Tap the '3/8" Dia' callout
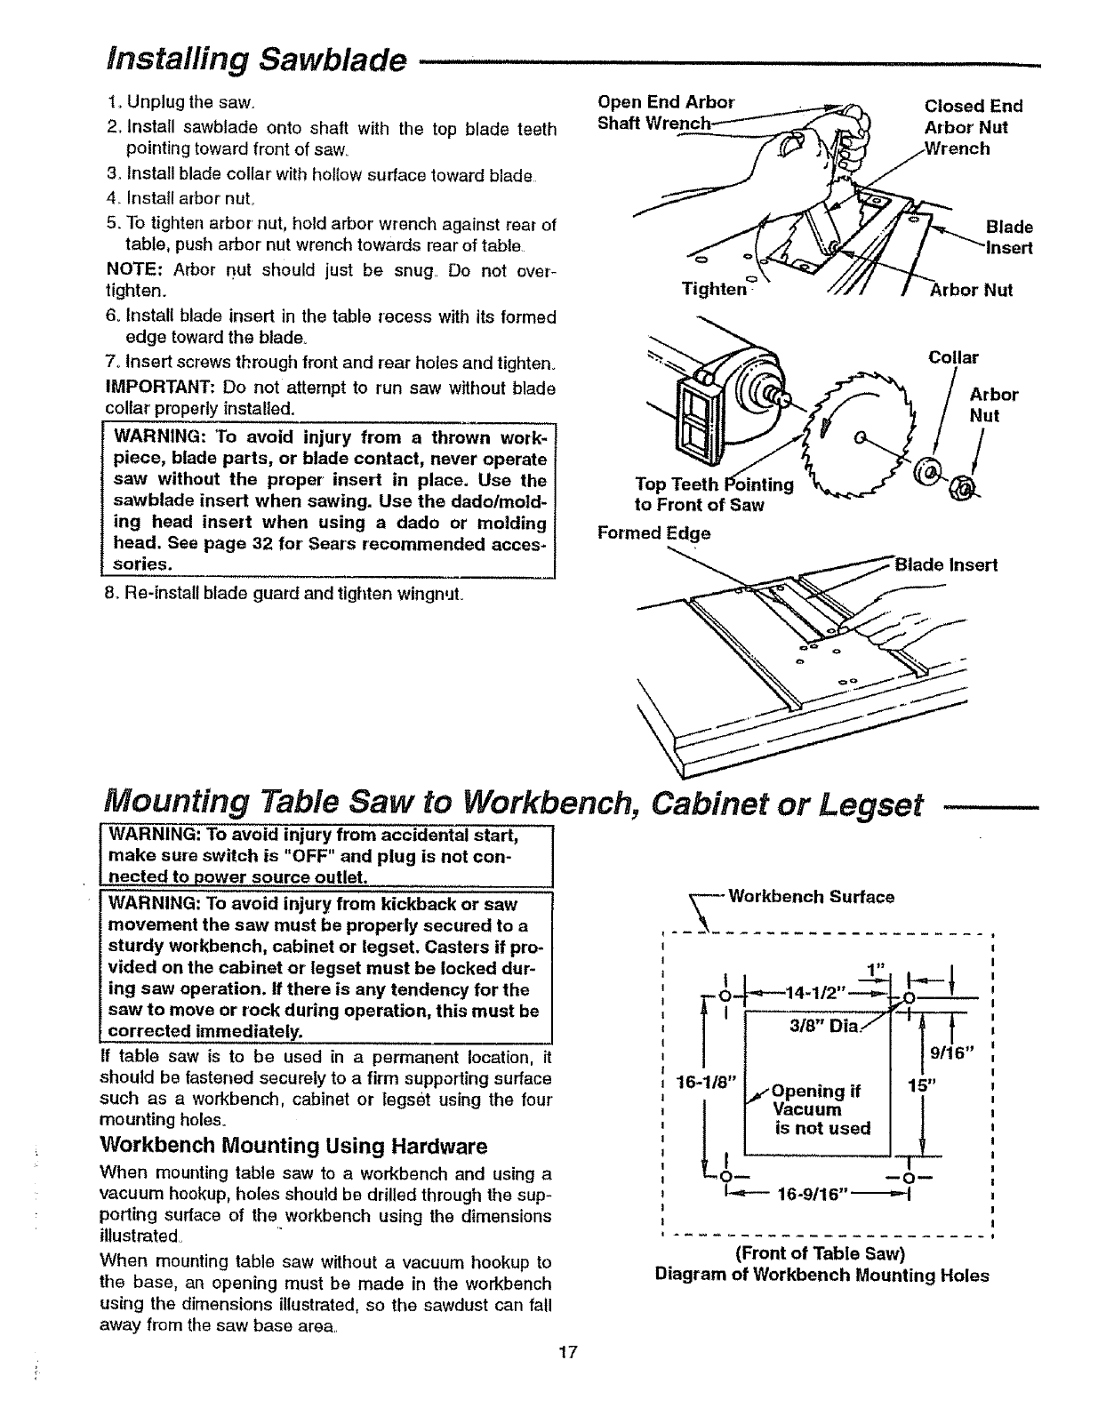pos(822,1026)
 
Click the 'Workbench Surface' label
pos(811,897)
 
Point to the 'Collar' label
pos(953,358)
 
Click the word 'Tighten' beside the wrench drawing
pos(713,289)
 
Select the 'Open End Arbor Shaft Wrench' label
pos(665,112)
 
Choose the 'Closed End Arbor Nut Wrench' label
pos(973,127)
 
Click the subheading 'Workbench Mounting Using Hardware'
pos(293,1143)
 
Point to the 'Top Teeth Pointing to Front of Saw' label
pos(713,494)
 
